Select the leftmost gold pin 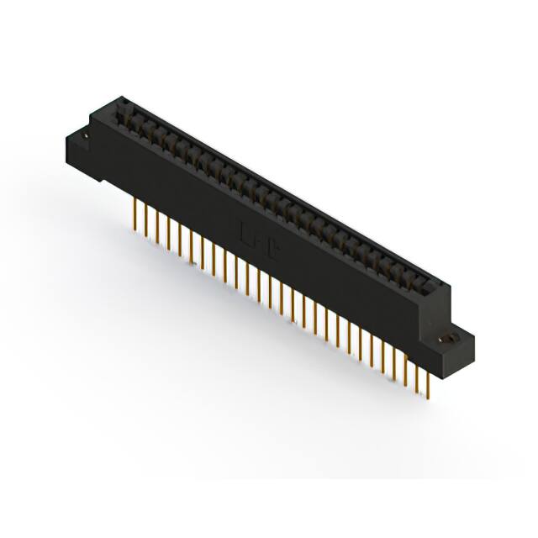[135, 214]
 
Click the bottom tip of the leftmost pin [135, 228]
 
